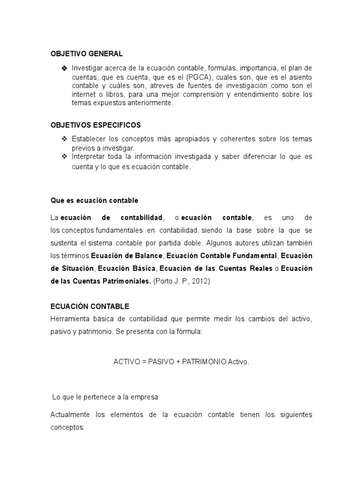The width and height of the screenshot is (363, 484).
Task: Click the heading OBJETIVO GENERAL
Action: [86, 53]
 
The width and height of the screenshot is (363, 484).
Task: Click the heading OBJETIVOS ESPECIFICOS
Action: [95, 125]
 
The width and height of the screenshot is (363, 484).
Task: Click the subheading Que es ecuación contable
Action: [95, 200]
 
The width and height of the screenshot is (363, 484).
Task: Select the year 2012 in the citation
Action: [198, 281]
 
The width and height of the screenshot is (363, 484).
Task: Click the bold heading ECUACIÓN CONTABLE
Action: [90, 307]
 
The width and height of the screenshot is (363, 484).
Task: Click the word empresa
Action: [145, 398]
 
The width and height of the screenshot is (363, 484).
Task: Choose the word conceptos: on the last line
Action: [67, 427]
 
